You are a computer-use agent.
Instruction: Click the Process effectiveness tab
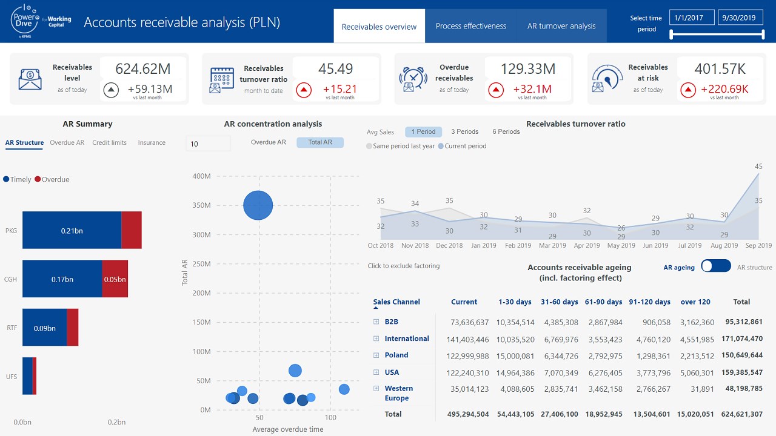(x=470, y=26)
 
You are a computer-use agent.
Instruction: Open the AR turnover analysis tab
(x=561, y=26)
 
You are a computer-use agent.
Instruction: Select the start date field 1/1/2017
(x=691, y=18)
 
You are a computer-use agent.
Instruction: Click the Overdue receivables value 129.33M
(x=528, y=68)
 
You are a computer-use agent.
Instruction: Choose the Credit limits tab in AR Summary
(x=109, y=143)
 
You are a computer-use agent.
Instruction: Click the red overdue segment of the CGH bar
(x=115, y=279)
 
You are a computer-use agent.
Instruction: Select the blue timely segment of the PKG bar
(x=72, y=230)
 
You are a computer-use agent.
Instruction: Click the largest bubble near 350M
(x=258, y=205)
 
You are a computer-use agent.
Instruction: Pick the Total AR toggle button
(x=320, y=143)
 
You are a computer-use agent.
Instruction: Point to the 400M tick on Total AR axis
(x=201, y=176)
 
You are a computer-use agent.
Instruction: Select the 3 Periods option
(x=464, y=131)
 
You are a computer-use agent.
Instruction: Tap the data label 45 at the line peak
(x=758, y=167)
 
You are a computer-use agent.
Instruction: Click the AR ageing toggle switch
(x=715, y=266)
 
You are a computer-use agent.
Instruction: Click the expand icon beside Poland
(x=376, y=355)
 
